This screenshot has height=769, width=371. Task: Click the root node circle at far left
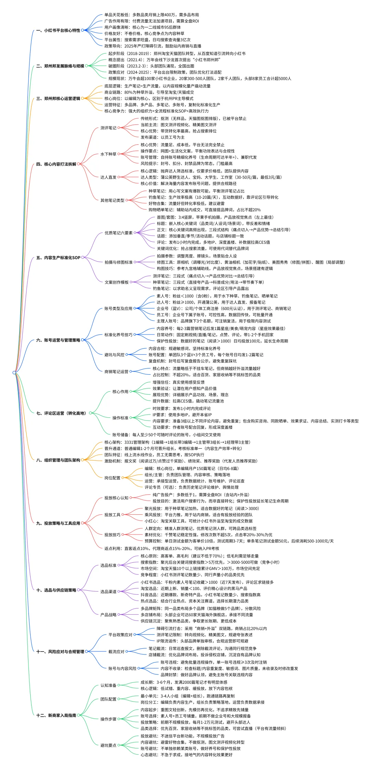tap(14, 373)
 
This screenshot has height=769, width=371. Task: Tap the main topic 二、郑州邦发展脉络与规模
tap(60, 66)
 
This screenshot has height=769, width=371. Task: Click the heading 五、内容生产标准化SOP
tap(58, 257)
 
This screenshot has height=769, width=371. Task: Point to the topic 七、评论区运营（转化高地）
tap(61, 413)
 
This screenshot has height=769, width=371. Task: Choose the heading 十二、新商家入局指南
tap(56, 715)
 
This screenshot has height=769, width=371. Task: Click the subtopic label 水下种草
tap(108, 154)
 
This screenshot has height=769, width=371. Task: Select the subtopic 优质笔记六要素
tap(119, 233)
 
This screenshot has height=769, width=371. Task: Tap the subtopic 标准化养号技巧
tap(118, 334)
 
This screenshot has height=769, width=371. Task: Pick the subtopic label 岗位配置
tap(112, 478)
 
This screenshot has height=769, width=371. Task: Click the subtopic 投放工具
tap(112, 515)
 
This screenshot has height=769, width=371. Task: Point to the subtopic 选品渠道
tap(108, 592)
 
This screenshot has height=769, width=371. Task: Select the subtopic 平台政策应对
tap(120, 635)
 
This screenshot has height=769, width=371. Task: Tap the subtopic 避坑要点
tap(108, 745)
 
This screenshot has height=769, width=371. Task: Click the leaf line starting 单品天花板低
tap(151, 15)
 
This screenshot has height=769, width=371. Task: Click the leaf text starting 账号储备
tap(166, 435)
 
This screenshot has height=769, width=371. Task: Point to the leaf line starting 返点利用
tap(161, 548)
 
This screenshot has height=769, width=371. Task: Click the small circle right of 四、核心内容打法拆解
tap(79, 164)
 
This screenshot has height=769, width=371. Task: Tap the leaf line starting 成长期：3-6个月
tap(184, 682)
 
